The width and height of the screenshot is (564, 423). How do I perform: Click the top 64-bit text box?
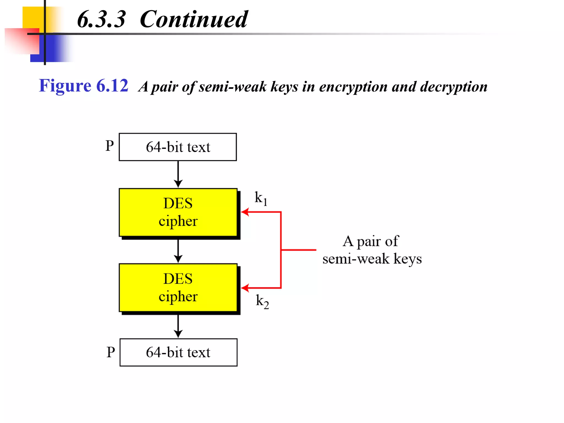click(178, 147)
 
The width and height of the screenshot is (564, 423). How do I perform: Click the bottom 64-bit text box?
click(178, 352)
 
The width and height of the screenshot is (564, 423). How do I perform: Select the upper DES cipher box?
click(178, 212)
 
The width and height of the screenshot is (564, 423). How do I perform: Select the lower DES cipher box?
click(178, 288)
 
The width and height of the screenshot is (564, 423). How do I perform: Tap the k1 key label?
click(261, 198)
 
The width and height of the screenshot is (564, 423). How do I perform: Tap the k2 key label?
click(262, 301)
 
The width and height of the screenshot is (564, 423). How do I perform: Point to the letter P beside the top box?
click(110, 146)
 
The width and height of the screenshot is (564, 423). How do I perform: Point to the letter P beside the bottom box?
click(111, 352)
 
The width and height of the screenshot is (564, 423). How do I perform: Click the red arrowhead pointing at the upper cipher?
click(245, 212)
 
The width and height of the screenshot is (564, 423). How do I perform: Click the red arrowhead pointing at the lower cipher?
click(245, 288)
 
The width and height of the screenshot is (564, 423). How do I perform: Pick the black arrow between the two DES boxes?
click(178, 251)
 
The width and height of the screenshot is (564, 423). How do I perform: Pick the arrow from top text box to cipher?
click(178, 174)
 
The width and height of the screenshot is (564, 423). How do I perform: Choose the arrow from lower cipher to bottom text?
click(178, 326)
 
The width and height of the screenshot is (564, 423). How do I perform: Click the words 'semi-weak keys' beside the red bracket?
click(372, 259)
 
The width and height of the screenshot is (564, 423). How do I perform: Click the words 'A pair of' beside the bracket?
click(371, 241)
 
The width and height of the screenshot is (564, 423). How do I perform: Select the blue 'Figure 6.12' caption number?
click(83, 86)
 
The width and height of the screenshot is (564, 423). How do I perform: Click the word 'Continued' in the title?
click(194, 19)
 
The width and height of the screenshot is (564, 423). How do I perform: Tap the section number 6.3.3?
click(101, 19)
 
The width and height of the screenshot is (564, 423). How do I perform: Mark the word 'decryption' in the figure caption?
click(454, 87)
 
